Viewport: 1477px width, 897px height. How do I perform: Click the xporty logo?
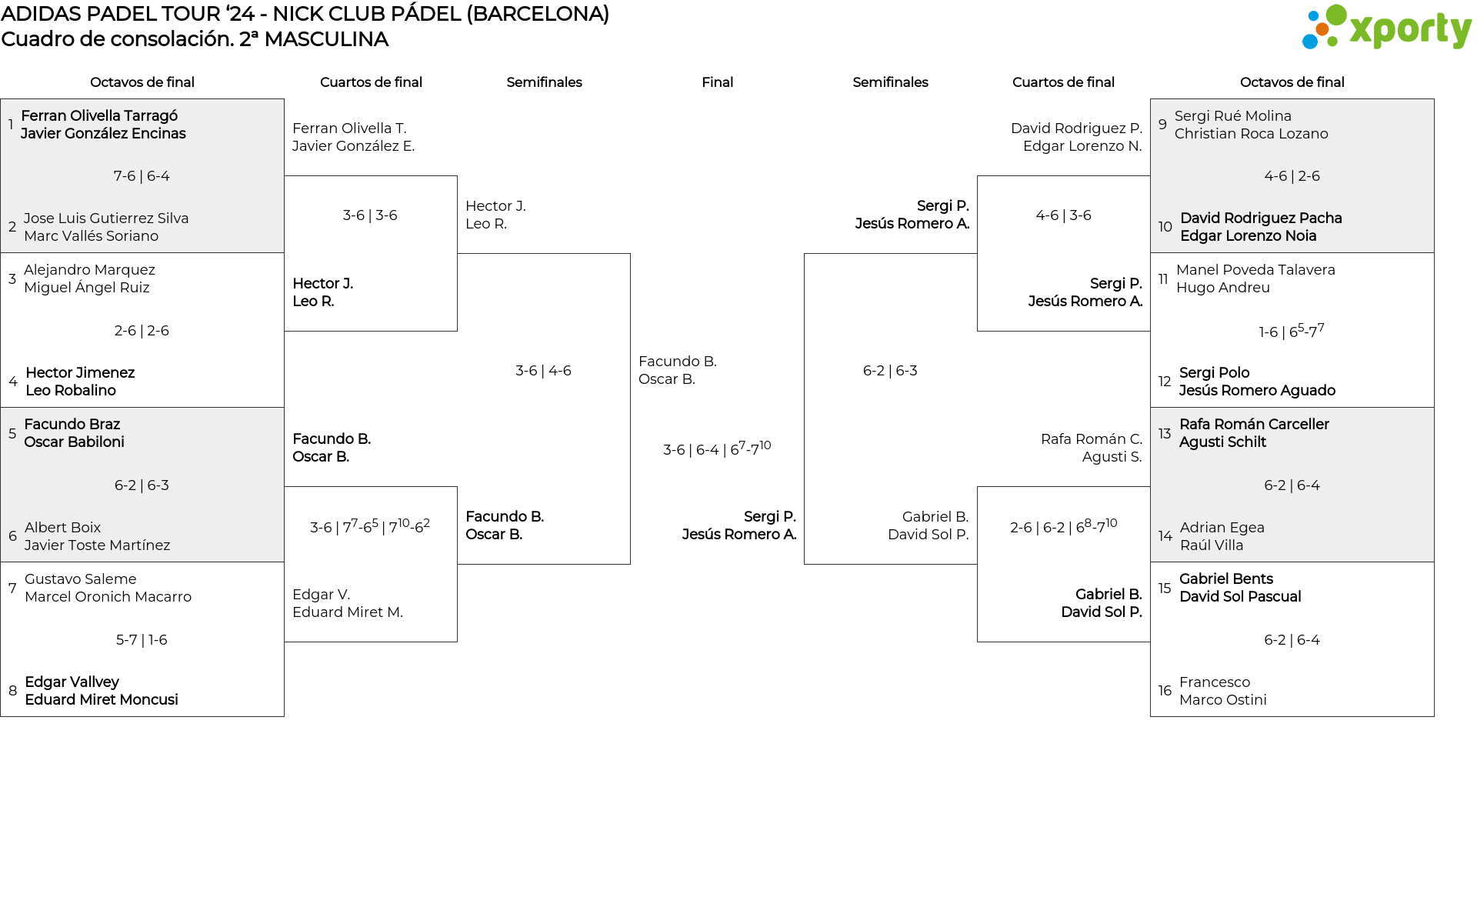pyautogui.click(x=1386, y=28)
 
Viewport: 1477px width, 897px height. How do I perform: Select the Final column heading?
pyautogui.click(x=717, y=82)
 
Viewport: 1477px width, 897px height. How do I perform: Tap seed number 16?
pyautogui.click(x=1165, y=691)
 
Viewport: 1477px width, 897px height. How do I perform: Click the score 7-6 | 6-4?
pyautogui.click(x=142, y=176)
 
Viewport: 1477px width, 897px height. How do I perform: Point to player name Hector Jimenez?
pyautogui.click(x=80, y=373)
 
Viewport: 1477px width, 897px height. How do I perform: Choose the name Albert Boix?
pyautogui.click(x=62, y=528)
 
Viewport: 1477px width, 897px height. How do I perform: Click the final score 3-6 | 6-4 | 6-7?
pyautogui.click(x=716, y=449)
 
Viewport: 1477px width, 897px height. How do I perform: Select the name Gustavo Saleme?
pyautogui.click(x=80, y=579)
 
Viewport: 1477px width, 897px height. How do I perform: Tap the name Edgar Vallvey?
pyautogui.click(x=72, y=682)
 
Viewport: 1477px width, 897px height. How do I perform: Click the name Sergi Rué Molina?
pyautogui.click(x=1232, y=116)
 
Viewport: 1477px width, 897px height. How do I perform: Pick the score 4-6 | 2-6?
pyautogui.click(x=1292, y=176)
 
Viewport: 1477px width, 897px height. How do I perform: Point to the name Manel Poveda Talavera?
pyautogui.click(x=1255, y=270)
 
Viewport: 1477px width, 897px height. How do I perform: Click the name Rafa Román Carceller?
pyautogui.click(x=1254, y=425)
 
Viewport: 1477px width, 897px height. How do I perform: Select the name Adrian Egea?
pyautogui.click(x=1222, y=528)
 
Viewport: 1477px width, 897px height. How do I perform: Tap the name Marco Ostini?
pyautogui.click(x=1222, y=700)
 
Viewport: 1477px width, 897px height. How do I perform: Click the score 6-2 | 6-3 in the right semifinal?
pyautogui.click(x=890, y=371)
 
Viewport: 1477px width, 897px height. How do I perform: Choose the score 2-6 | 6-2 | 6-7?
pyautogui.click(x=1063, y=527)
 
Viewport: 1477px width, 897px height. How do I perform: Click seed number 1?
pyautogui.click(x=11, y=125)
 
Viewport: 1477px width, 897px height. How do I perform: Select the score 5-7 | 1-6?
pyautogui.click(x=142, y=640)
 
